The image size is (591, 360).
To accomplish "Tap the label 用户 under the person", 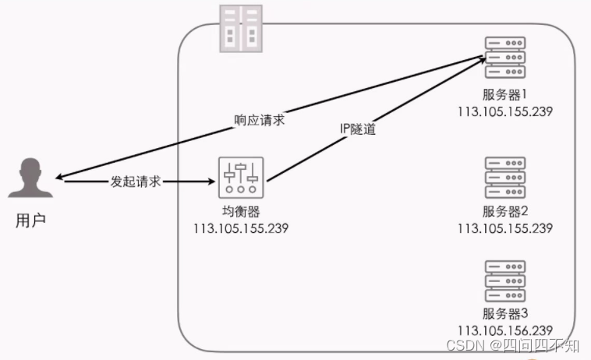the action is click(31, 221).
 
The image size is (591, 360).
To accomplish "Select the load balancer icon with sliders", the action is click(242, 179).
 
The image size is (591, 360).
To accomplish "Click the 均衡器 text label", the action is click(241, 212).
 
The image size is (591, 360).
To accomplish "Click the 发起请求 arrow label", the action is click(137, 181).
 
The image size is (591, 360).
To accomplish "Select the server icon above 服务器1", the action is click(504, 56).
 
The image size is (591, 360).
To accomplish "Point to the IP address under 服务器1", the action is click(505, 111).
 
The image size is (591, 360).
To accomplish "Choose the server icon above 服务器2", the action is click(504, 178).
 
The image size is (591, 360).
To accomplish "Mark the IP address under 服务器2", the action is click(505, 228).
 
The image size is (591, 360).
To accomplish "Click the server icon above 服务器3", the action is click(504, 281).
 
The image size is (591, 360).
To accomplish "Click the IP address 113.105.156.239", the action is click(505, 330).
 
